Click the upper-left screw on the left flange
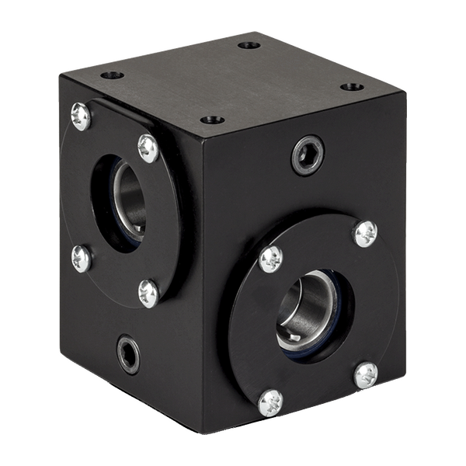[x=81, y=116]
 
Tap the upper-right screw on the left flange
[x=148, y=148]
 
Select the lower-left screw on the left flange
[x=82, y=258]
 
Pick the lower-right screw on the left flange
[x=148, y=293]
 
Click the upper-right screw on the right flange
[x=365, y=233]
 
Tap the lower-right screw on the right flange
[x=366, y=375]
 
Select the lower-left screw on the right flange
[x=270, y=402]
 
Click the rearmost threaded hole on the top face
[x=249, y=45]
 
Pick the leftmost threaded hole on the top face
[x=113, y=75]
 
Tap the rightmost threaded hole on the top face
[x=352, y=87]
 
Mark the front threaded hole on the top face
[x=212, y=120]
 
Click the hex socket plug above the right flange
[x=308, y=155]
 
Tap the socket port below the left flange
[x=128, y=354]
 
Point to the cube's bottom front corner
[x=203, y=432]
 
